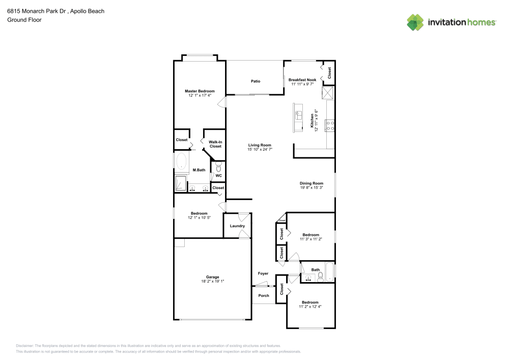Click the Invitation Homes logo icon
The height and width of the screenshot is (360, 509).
click(x=415, y=22)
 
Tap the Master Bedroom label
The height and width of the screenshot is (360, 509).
click(x=200, y=91)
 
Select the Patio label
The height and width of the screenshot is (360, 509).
click(x=256, y=81)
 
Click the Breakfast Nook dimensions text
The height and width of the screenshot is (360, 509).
click(x=302, y=85)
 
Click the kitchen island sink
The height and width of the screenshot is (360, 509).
click(x=299, y=115)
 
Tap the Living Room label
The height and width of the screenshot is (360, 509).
click(x=260, y=145)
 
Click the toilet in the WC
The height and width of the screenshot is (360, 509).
click(x=219, y=167)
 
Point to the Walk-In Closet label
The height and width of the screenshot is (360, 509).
click(x=215, y=144)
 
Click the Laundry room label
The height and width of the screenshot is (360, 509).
click(x=237, y=226)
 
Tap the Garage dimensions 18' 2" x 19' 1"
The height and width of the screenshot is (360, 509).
click(x=213, y=281)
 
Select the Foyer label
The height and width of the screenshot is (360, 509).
click(x=263, y=273)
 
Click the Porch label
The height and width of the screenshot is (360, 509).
click(x=264, y=295)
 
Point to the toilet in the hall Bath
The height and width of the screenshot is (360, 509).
click(x=320, y=278)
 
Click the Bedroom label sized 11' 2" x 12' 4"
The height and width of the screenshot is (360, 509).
click(x=309, y=302)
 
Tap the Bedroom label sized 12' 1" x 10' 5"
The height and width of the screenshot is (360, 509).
click(x=199, y=213)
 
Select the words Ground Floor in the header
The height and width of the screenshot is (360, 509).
click(x=24, y=20)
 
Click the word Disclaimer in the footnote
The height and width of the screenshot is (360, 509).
click(x=25, y=345)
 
